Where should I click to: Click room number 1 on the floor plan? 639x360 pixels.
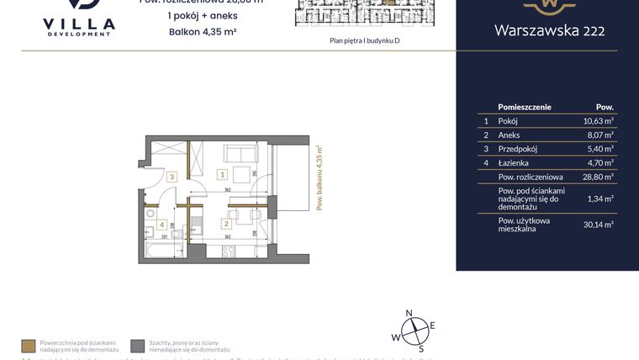(221, 175)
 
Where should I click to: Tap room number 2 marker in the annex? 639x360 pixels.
(225, 224)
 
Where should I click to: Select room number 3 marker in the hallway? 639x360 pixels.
(171, 177)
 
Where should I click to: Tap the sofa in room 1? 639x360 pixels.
(240, 155)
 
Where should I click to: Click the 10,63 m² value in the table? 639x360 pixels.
(599, 121)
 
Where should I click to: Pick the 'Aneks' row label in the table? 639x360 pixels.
(509, 135)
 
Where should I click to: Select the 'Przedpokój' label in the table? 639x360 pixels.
(515, 148)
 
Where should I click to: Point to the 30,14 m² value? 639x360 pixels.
(599, 224)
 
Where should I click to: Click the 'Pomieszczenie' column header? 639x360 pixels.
(524, 108)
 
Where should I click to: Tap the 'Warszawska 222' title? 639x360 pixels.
(547, 31)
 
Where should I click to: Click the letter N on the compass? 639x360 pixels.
(409, 313)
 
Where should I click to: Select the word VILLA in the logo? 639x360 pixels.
(78, 24)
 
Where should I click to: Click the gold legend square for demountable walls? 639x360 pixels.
(29, 346)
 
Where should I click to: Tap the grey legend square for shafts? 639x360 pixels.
(138, 346)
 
